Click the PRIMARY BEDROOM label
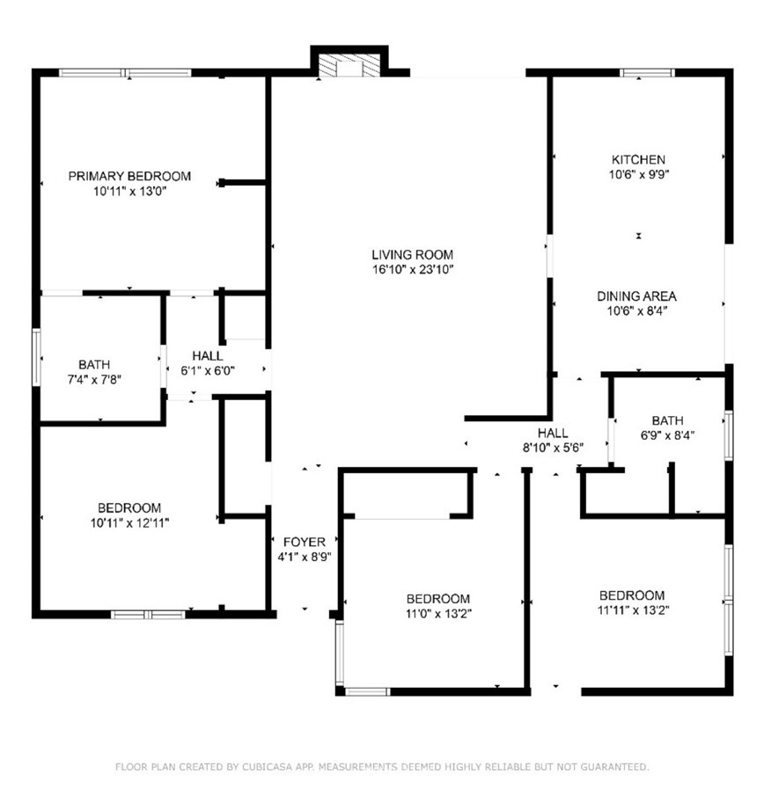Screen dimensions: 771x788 pos(129,177)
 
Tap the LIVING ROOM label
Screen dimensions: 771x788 pos(413,255)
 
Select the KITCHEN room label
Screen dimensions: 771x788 pos(639,160)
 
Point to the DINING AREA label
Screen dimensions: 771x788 pos(636,296)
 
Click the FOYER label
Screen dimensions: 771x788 pos(305,543)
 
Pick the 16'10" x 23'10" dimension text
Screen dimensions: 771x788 pos(413,270)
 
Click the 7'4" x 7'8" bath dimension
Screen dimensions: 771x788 pos(94,380)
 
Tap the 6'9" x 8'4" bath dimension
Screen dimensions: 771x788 pos(667,435)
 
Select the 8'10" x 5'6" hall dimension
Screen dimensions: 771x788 pos(554,448)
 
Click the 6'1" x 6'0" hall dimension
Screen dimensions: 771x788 pos(208,371)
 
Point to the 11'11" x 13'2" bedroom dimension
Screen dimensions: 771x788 pos(633,610)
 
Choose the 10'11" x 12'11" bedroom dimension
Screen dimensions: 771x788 pos(129,523)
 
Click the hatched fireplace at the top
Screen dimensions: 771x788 pos(349,66)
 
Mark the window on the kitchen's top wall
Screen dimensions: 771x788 pos(647,73)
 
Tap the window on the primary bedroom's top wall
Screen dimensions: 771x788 pos(125,73)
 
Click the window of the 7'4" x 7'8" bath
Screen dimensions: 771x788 pos(36,357)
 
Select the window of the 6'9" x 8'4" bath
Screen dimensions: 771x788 pos(729,435)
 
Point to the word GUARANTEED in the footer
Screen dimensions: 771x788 pos(614,767)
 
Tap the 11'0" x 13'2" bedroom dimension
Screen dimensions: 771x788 pos(438,614)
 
